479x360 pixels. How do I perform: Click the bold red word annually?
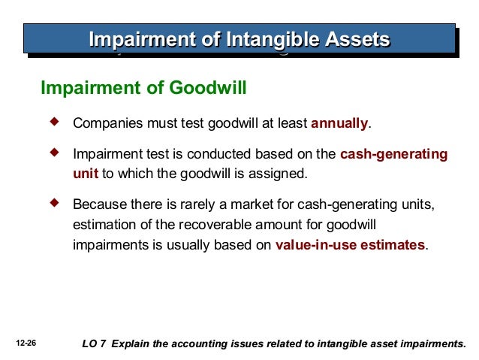tap(339, 123)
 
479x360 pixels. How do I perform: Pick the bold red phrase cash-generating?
tap(393, 155)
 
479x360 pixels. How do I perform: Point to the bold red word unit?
tap(86, 173)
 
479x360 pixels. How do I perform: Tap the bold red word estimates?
tap(390, 244)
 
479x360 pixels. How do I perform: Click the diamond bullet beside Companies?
tap(54, 121)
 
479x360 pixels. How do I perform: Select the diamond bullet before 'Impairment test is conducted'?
tap(54, 153)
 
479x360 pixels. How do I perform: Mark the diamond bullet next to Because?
tap(54, 203)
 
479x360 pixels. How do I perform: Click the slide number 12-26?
tap(25, 343)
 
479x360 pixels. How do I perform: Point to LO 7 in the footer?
tap(93, 344)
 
